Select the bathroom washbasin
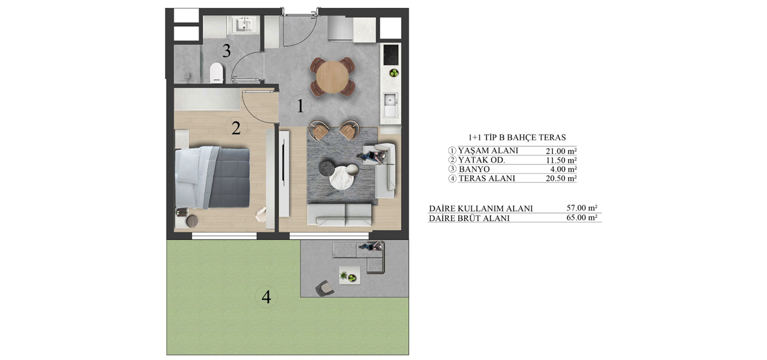click(x=244, y=25)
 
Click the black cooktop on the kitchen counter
click(x=391, y=54)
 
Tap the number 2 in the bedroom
click(x=236, y=128)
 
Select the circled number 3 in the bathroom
click(x=226, y=50)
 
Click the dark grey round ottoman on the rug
click(x=326, y=167)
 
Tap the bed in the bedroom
click(x=213, y=176)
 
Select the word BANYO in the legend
click(x=473, y=169)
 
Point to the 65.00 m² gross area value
click(x=581, y=218)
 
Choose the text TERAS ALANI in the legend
click(x=486, y=178)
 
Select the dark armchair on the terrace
click(x=324, y=288)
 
